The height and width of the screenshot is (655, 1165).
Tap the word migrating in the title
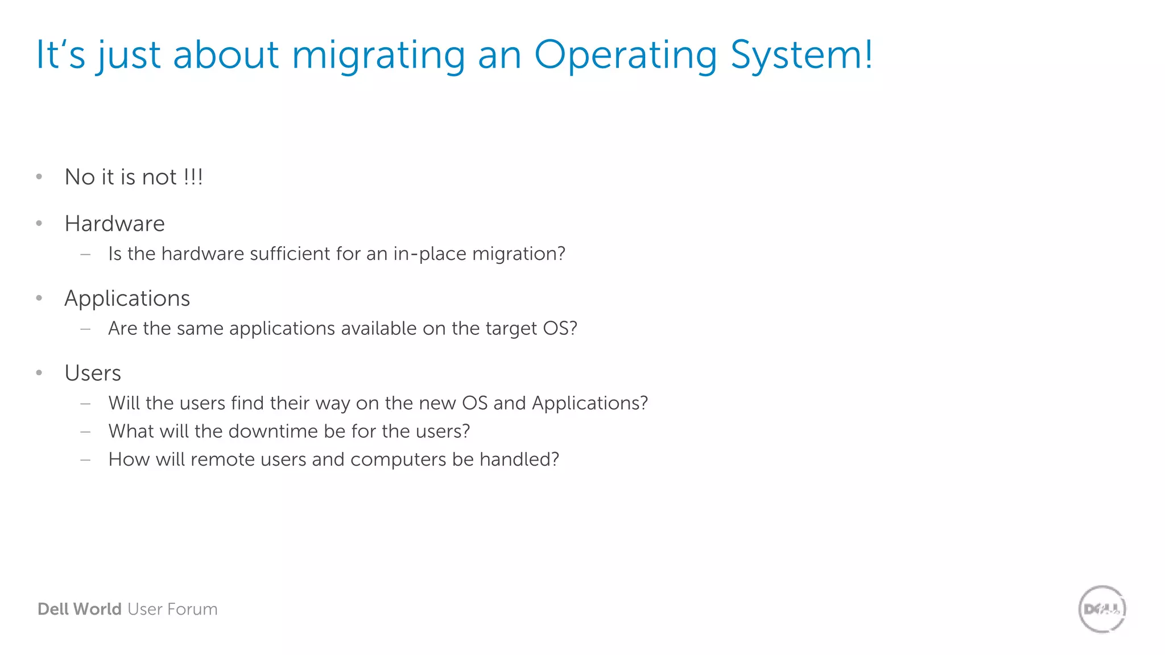click(x=378, y=56)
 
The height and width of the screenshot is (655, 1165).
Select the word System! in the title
click(x=801, y=56)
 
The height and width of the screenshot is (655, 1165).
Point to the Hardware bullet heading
click(x=114, y=223)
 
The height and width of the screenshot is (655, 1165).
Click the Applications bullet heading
click(x=127, y=299)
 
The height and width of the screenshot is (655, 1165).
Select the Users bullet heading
click(x=93, y=373)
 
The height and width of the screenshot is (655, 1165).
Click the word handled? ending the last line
click(x=519, y=459)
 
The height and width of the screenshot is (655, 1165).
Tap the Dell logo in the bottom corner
click(x=1102, y=609)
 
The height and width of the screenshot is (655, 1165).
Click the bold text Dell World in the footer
click(x=79, y=609)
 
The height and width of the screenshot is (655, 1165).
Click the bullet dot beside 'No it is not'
click(x=39, y=177)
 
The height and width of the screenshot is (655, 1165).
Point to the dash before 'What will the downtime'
click(x=86, y=432)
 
